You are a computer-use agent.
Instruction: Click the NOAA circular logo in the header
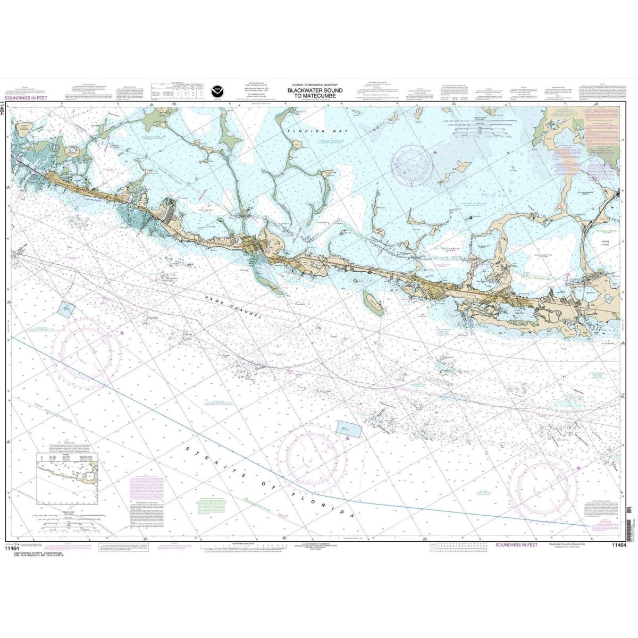click(x=217, y=90)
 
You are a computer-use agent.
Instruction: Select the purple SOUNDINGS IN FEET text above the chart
click(x=24, y=98)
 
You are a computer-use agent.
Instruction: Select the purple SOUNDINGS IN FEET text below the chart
click(x=516, y=545)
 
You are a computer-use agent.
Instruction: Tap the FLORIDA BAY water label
click(x=317, y=130)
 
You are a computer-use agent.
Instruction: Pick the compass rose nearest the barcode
click(x=543, y=484)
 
